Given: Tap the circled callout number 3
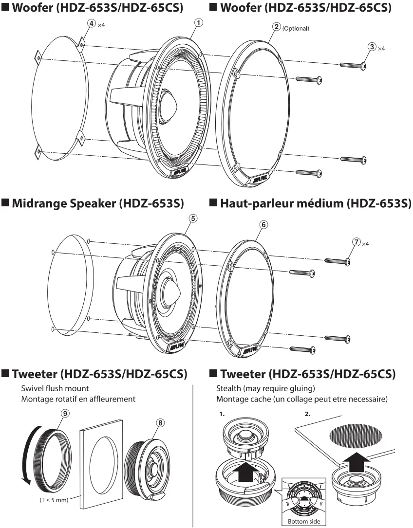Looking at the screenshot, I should coord(372,47).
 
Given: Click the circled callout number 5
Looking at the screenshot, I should coord(193,218).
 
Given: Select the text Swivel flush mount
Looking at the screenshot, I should coord(55,388).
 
